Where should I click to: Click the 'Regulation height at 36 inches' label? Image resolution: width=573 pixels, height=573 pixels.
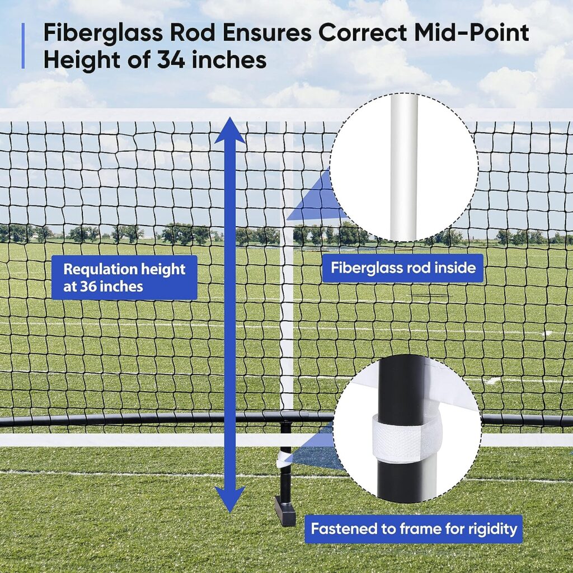(x=124, y=278)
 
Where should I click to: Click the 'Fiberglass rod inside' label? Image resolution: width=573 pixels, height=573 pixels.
(x=403, y=267)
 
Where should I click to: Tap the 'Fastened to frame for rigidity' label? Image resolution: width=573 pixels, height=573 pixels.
(x=413, y=528)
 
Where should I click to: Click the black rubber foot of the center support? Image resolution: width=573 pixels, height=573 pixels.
(x=284, y=510)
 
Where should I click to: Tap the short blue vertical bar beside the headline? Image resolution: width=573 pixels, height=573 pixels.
(x=23, y=46)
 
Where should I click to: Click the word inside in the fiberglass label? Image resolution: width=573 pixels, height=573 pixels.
(x=454, y=267)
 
